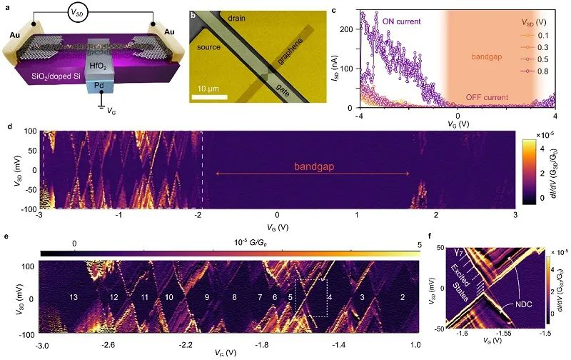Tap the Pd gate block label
pyautogui.click(x=97, y=84)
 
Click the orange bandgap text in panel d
pyautogui.click(x=313, y=166)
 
